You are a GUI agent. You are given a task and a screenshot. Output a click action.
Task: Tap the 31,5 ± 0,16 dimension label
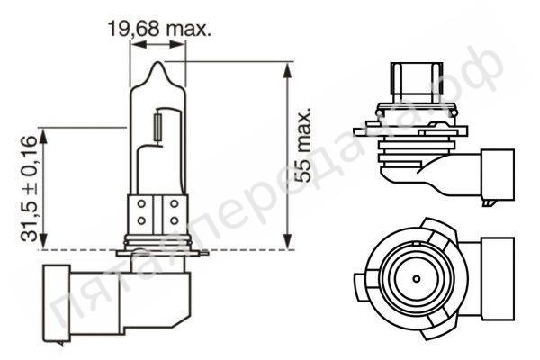pos(28,188)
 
